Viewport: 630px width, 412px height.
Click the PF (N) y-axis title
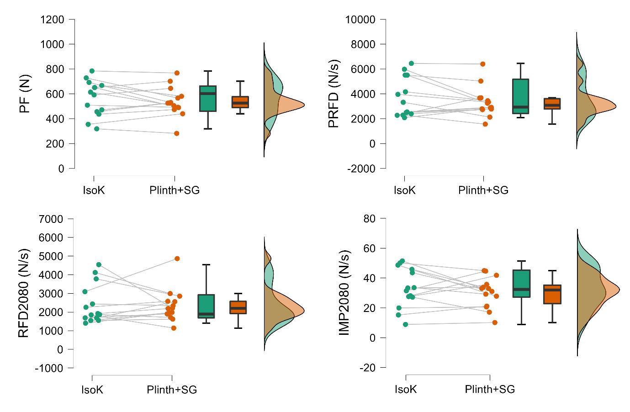pyautogui.click(x=26, y=94)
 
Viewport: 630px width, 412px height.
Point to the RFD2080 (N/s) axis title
pyautogui.click(x=24, y=293)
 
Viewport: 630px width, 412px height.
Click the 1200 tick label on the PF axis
pyautogui.click(x=52, y=20)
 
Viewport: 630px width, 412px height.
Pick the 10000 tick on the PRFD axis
pyautogui.click(x=360, y=20)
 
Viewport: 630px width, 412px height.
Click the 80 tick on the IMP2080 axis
pyautogui.click(x=368, y=219)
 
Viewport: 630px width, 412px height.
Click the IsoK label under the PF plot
pyautogui.click(x=94, y=190)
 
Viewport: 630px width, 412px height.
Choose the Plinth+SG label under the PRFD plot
pyautogui.click(x=483, y=190)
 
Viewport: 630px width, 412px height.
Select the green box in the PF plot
pyautogui.click(x=208, y=98)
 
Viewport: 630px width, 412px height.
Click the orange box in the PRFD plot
pyautogui.click(x=552, y=104)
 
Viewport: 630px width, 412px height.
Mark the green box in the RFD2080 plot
pyautogui.click(x=206, y=306)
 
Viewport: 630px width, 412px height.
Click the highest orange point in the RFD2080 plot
pyautogui.click(x=177, y=259)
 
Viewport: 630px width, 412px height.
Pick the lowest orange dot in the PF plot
pyautogui.click(x=176, y=133)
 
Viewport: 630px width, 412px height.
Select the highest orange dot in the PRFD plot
pyautogui.click(x=482, y=64)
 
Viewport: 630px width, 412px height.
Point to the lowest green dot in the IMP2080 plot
pyautogui.click(x=405, y=324)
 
